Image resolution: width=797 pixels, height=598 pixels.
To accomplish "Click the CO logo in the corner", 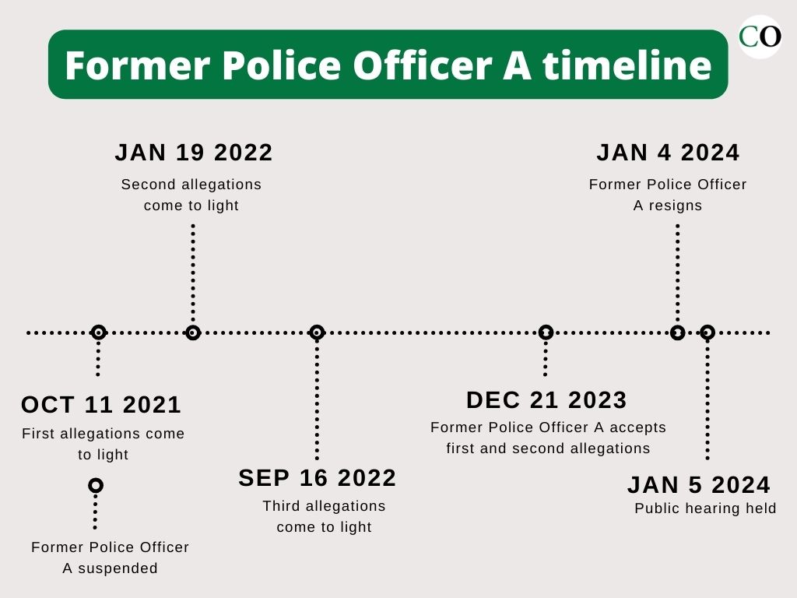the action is click(760, 37).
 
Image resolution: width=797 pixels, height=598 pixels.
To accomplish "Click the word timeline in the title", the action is click(627, 65).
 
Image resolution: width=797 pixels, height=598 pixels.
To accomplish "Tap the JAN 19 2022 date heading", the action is click(194, 153).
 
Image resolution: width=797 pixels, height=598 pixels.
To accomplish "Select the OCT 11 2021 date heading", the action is click(101, 405).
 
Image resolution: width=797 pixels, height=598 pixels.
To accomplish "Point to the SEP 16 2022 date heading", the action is click(318, 478).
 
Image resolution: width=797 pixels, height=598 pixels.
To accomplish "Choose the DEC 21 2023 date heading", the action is click(546, 400).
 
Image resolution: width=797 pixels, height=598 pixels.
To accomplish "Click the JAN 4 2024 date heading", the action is click(668, 153).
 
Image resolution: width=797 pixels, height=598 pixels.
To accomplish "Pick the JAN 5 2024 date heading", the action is click(699, 484).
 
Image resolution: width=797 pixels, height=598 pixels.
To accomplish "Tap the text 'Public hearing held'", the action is click(705, 508).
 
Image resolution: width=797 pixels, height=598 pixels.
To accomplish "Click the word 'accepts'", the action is click(637, 428).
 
